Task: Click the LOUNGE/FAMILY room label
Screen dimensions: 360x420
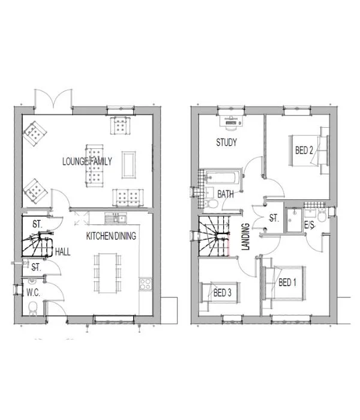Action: click(87, 161)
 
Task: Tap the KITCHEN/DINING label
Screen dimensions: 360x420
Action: click(111, 236)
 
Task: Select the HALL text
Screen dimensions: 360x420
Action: click(62, 252)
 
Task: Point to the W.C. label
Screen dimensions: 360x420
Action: click(34, 293)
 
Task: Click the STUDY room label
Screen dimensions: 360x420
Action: click(227, 142)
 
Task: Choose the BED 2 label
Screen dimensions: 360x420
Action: click(304, 150)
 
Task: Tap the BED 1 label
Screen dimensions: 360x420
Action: click(287, 283)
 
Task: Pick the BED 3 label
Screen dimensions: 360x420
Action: click(223, 293)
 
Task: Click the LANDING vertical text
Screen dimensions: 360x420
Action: click(245, 237)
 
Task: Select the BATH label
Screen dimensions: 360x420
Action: click(226, 194)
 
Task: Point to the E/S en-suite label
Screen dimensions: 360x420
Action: click(309, 225)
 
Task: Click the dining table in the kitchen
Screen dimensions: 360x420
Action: click(107, 273)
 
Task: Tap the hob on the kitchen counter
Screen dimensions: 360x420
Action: click(146, 284)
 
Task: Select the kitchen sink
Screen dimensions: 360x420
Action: click(115, 218)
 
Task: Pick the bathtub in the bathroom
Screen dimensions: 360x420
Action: click(222, 178)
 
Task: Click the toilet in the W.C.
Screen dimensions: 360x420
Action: click(32, 308)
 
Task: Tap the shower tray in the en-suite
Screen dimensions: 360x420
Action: click(294, 220)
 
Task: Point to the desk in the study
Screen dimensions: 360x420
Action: click(232, 121)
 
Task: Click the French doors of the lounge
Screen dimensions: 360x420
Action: click(53, 99)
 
